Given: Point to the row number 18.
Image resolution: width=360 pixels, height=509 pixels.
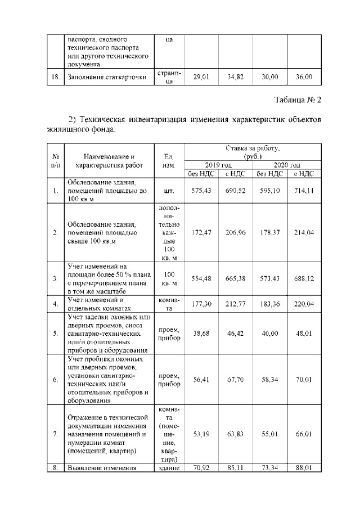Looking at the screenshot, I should (x=55, y=77).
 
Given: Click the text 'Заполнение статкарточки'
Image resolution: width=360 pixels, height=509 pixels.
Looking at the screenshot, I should (x=107, y=77).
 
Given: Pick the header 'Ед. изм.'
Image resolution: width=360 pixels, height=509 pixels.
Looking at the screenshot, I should (x=169, y=161).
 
